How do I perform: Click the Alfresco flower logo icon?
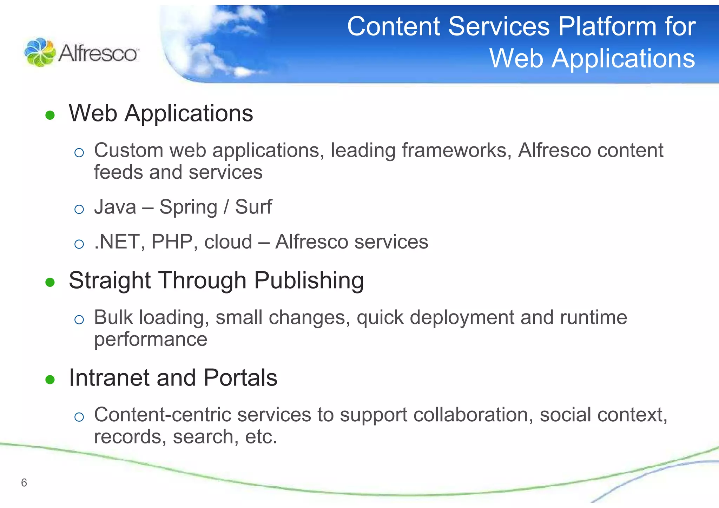pos(40,53)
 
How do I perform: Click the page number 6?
pos(24,483)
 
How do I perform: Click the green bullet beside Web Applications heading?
pos(50,115)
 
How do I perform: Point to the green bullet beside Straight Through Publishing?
pos(50,282)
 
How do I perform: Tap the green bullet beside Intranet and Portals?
pos(50,380)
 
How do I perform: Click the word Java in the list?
pos(115,207)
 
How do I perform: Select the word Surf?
pos(253,207)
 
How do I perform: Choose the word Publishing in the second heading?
pos(309,281)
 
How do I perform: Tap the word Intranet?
pos(109,378)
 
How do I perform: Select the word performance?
pos(151,339)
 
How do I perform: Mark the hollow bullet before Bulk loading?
pos(79,319)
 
